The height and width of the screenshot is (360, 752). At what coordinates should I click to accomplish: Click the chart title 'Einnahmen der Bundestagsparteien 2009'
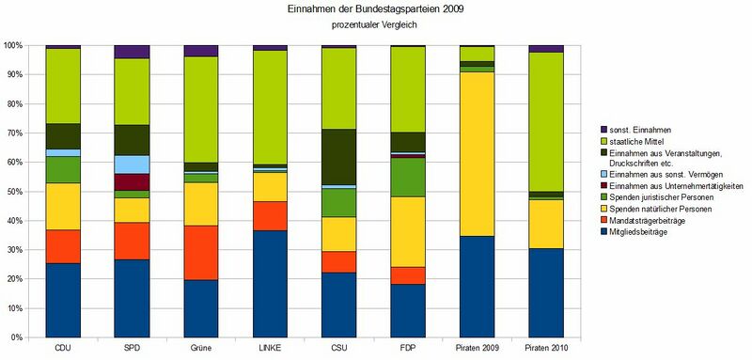pyautogui.click(x=376, y=9)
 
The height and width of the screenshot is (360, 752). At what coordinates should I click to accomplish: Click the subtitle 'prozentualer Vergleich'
pyautogui.click(x=376, y=25)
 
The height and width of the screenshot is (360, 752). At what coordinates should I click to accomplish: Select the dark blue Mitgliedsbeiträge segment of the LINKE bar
pyautogui.click(x=270, y=283)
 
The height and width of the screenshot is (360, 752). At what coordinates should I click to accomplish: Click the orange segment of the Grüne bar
pyautogui.click(x=201, y=252)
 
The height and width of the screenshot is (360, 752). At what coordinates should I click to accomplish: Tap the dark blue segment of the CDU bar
pyautogui.click(x=63, y=300)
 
